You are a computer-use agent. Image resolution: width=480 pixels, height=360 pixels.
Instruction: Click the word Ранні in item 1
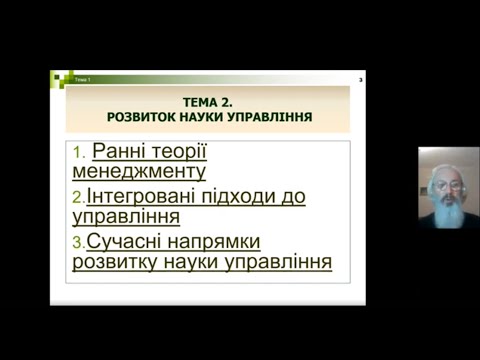118,152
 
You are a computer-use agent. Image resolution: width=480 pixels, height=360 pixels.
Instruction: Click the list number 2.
78,197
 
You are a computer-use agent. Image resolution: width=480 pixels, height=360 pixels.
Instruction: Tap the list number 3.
78,242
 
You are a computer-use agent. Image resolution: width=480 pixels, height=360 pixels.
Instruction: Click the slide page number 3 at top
360,78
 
